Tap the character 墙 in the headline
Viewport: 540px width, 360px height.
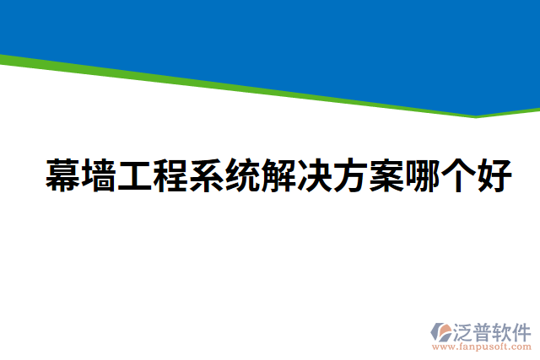coord(99,175)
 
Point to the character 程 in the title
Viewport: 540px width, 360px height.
coord(170,175)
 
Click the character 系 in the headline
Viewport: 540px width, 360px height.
coord(206,175)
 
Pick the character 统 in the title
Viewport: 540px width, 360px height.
coord(242,175)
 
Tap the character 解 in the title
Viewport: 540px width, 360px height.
coord(278,175)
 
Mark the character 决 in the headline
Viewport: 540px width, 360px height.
coord(314,175)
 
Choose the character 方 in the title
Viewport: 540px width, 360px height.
coord(349,175)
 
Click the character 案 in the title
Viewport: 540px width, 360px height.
coord(386,175)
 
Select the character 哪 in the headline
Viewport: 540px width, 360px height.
coord(421,175)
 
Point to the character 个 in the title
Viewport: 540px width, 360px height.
coord(456,175)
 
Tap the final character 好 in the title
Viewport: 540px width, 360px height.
coord(493,175)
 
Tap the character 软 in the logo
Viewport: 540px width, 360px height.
coord(503,331)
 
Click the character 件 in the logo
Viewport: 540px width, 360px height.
coord(521,331)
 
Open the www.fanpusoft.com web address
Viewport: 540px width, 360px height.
coord(481,347)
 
